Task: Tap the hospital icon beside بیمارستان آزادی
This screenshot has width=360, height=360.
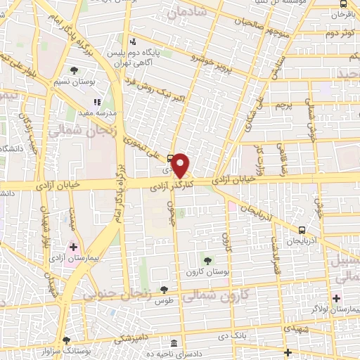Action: pyautogui.click(x=72, y=247)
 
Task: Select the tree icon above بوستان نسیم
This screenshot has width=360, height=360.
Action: pyautogui.click(x=74, y=70)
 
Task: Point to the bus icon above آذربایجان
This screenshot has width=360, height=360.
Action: pyautogui.click(x=302, y=229)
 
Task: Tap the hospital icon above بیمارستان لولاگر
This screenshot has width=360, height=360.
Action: pyautogui.click(x=337, y=298)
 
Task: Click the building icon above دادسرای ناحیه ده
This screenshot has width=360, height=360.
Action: pyautogui.click(x=174, y=342)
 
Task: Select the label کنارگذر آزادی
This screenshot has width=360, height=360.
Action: pyautogui.click(x=172, y=184)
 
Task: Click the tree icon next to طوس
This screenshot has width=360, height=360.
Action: pyautogui.click(x=164, y=289)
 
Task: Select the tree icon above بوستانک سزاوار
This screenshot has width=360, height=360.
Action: pyautogui.click(x=67, y=338)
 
